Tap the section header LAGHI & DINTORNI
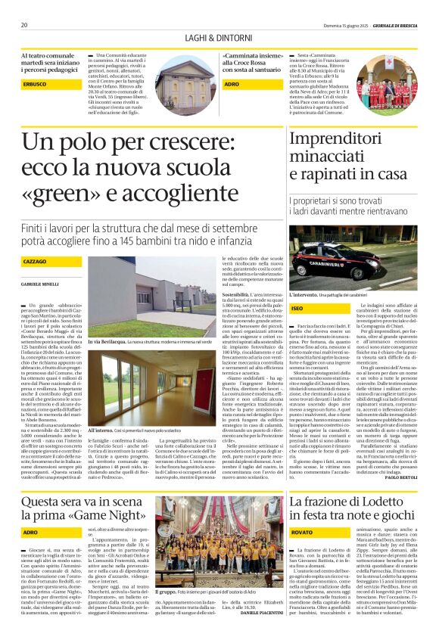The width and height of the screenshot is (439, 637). pyautogui.click(x=219, y=38)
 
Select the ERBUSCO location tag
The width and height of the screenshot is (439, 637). pyautogui.click(x=35, y=84)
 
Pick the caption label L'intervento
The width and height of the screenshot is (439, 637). pyautogui.click(x=305, y=294)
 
